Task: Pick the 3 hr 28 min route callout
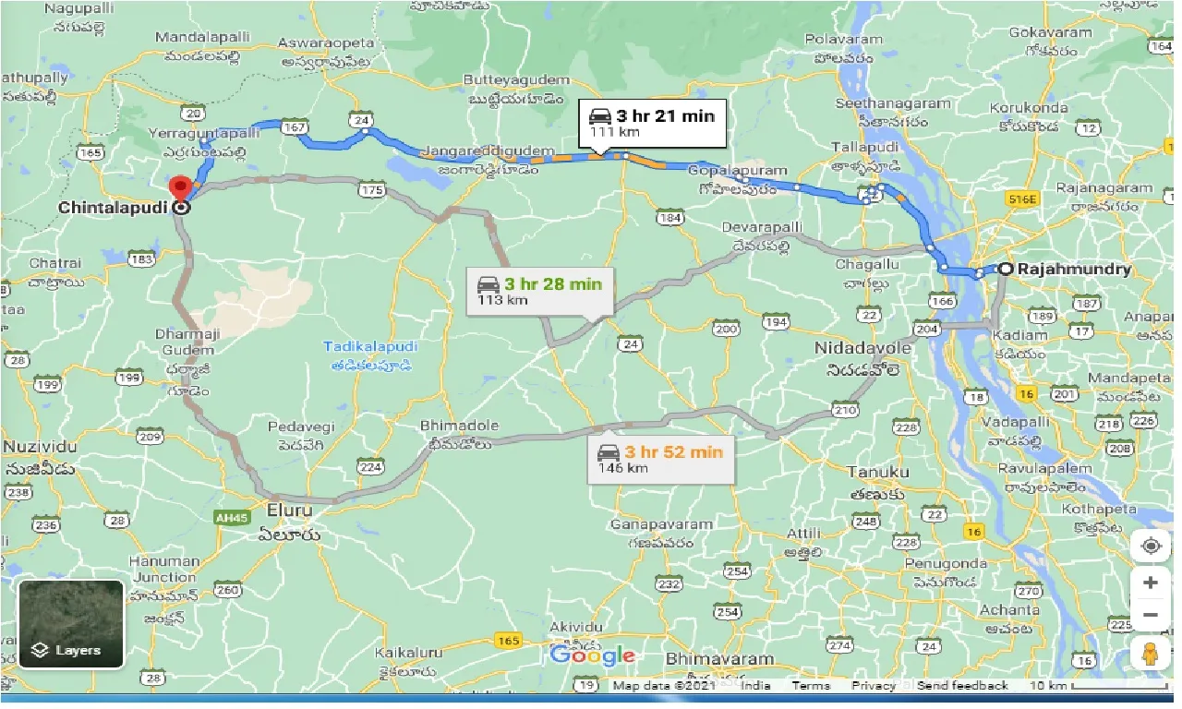[539, 291]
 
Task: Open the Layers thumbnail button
[70, 624]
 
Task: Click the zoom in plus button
[1150, 583]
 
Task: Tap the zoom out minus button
[1150, 615]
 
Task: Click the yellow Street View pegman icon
[1150, 654]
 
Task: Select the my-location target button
[1150, 546]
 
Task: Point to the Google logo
[592, 656]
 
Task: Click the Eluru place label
[289, 511]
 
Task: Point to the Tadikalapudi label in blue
[370, 347]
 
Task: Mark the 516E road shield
[1023, 198]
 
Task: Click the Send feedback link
[962, 686]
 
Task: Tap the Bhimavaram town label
[719, 659]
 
